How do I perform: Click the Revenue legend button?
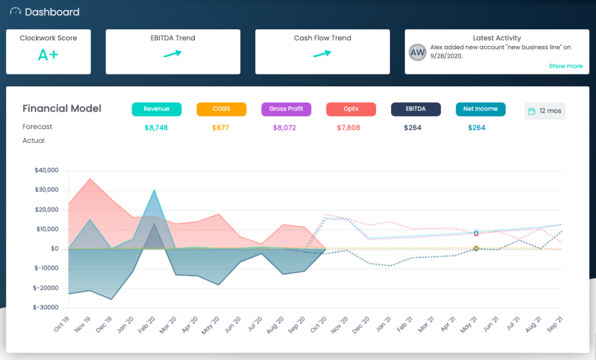click(156, 109)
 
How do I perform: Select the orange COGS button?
click(221, 109)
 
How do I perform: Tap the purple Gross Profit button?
click(286, 109)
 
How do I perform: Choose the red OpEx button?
click(351, 109)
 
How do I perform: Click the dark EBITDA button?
click(415, 109)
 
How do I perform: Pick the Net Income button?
click(481, 109)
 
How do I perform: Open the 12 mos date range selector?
click(544, 111)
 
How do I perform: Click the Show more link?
click(566, 66)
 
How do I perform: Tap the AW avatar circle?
click(418, 52)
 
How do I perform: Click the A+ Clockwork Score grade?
click(48, 55)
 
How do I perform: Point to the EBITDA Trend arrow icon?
click(173, 54)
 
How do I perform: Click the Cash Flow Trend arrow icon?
click(322, 54)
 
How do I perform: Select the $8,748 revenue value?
click(156, 128)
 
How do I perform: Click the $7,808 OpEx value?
click(348, 128)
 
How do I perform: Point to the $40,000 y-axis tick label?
click(47, 170)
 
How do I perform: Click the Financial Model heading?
click(61, 109)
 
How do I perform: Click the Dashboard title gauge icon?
click(16, 12)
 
